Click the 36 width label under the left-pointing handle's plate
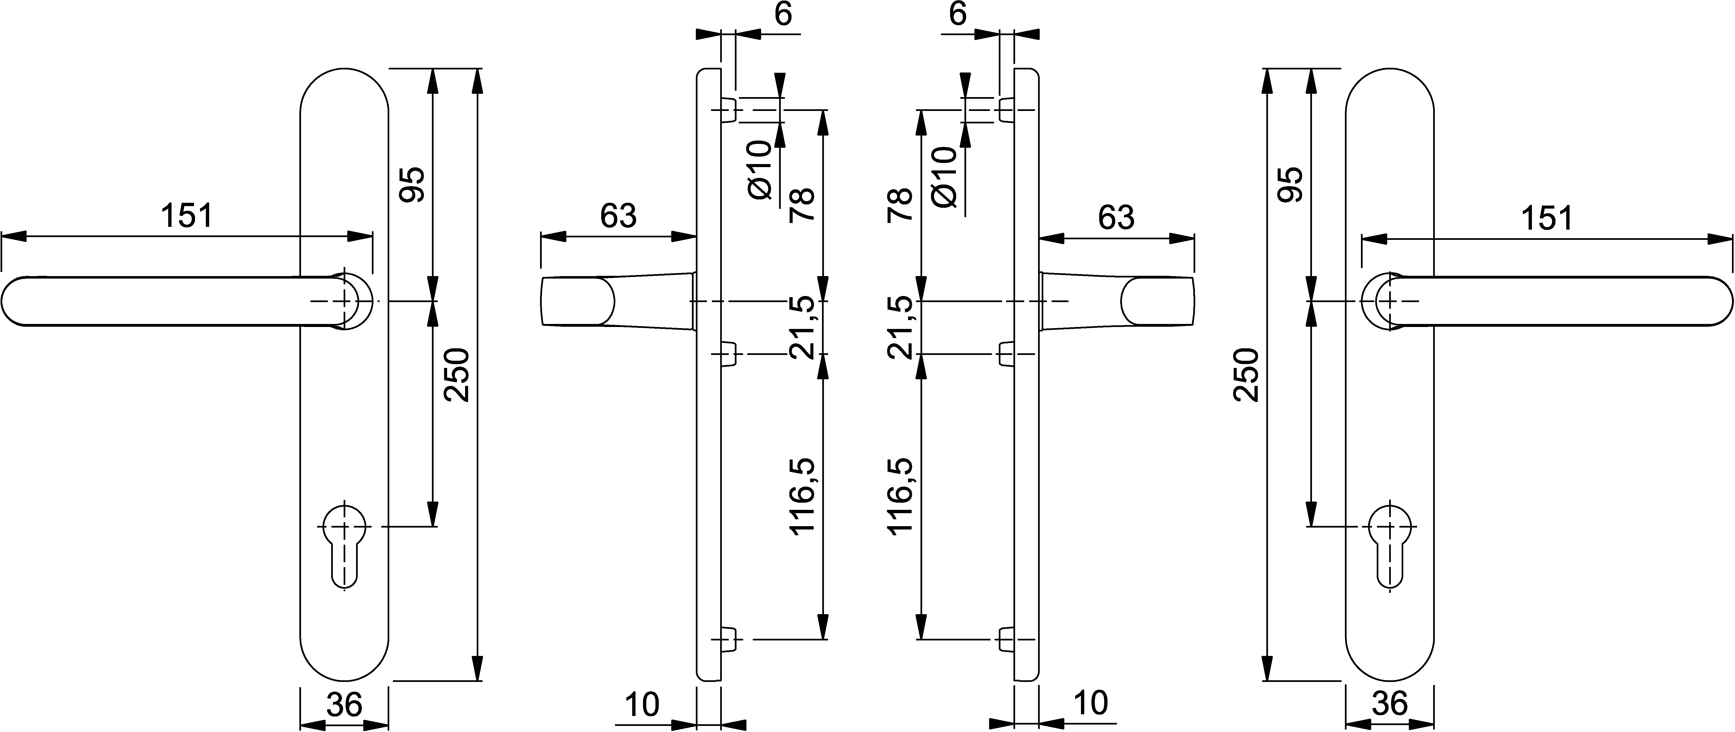pos(344,704)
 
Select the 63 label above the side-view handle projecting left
pos(618,217)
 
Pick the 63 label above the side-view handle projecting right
pos(1116,217)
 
